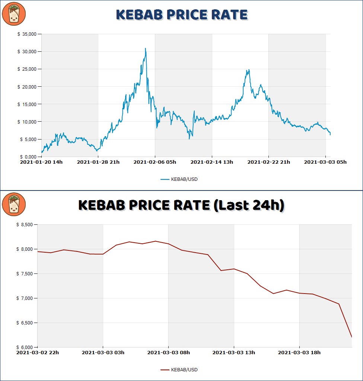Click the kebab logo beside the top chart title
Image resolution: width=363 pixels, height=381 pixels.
(14, 14)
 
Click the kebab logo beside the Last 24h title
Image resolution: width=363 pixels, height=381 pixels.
(14, 204)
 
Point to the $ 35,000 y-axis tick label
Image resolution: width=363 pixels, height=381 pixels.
(27, 34)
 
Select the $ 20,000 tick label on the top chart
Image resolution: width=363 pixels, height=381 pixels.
(27, 87)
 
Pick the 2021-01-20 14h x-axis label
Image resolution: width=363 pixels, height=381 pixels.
(41, 162)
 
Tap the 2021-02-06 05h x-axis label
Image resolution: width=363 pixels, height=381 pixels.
(155, 162)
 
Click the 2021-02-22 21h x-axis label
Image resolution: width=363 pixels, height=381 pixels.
(269, 162)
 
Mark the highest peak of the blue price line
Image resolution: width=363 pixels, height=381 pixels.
(146, 48)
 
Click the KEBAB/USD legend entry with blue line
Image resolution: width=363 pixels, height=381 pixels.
(179, 179)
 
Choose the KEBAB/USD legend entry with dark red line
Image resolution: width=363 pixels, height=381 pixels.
(179, 370)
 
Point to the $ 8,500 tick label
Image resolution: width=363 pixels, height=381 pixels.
(25, 225)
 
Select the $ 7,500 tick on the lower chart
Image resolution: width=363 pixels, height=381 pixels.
(25, 274)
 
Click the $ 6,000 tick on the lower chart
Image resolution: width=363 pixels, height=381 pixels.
(25, 347)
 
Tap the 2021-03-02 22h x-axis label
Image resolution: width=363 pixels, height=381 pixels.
(38, 353)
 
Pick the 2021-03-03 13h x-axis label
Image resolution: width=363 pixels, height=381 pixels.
(234, 353)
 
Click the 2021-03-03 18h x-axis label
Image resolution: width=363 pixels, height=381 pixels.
(299, 353)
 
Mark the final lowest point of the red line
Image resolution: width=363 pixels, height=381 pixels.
(351, 337)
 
